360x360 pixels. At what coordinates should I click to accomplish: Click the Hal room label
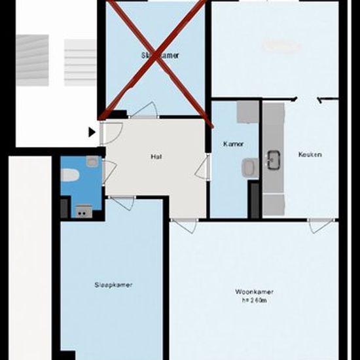(155, 157)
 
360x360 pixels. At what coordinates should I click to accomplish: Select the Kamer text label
(233, 143)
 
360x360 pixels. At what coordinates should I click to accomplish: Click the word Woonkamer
(254, 292)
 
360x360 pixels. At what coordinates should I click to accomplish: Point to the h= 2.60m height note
(254, 300)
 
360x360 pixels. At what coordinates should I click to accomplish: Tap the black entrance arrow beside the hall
(92, 132)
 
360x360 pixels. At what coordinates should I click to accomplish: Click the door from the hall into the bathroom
(109, 171)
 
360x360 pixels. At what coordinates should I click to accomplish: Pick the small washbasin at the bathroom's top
(92, 161)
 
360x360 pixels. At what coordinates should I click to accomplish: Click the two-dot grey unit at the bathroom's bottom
(82, 210)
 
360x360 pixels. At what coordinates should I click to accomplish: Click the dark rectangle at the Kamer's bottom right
(253, 200)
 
